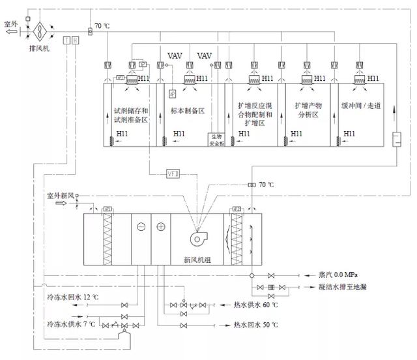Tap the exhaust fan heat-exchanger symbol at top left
coord(39,30)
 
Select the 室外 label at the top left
coord(11,24)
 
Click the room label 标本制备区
coord(188,111)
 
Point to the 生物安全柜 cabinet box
coord(216,139)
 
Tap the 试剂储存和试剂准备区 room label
coord(132,115)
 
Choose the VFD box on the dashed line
coord(173,174)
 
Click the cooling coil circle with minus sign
coord(141,228)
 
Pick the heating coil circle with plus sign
coord(161,228)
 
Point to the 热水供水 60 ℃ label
coord(255,305)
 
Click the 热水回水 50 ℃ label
coord(255,325)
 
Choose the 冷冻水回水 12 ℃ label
coord(72,297)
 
